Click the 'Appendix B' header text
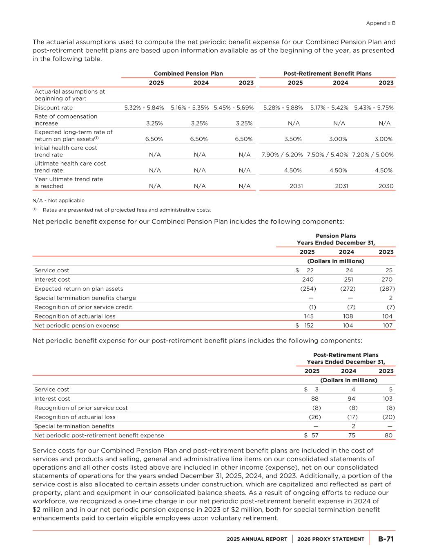click(x=381, y=23)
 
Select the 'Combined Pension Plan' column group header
click(x=188, y=74)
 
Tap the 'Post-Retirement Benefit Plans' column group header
click(x=327, y=74)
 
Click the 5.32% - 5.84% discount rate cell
click(x=144, y=108)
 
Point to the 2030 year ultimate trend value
click(x=386, y=186)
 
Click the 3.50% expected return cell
click(x=293, y=139)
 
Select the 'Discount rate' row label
click(x=53, y=108)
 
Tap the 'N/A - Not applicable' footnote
click(x=58, y=200)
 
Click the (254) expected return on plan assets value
click(x=308, y=289)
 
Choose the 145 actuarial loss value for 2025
click(x=309, y=316)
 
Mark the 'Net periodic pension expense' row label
click(x=77, y=326)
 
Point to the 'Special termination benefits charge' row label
click(x=85, y=298)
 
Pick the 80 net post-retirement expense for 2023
click(x=388, y=435)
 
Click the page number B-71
click(x=386, y=539)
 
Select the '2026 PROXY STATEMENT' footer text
click(x=331, y=539)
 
